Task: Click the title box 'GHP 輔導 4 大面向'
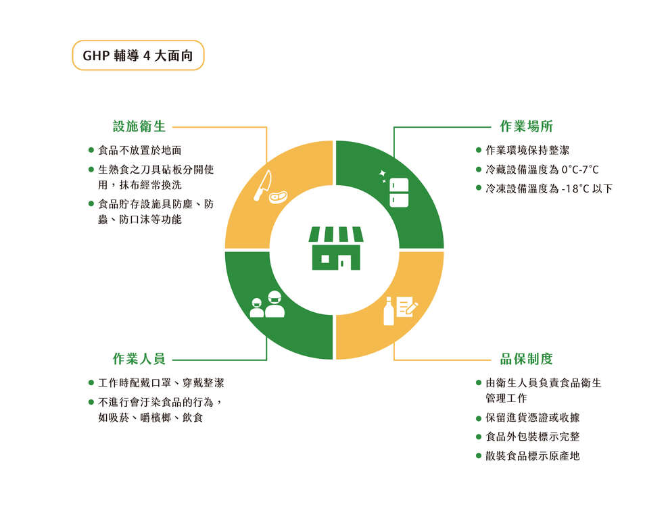(138, 55)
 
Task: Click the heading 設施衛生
(139, 126)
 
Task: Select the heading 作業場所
(526, 126)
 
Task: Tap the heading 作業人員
(139, 359)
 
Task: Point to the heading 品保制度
(526, 359)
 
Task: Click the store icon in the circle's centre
(336, 248)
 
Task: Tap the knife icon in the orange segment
(262, 186)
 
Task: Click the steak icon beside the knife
(278, 197)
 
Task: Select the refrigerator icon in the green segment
(399, 193)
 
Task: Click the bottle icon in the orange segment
(389, 312)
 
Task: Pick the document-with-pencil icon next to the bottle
(407, 307)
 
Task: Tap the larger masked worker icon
(275, 304)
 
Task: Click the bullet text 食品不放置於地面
(140, 150)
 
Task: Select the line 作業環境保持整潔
(527, 150)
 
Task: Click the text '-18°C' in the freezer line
(573, 189)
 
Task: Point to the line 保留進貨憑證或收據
(533, 418)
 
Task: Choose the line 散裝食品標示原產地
(533, 456)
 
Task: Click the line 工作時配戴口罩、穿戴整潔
(161, 382)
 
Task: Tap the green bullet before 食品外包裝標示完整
(479, 437)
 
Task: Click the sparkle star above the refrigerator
(382, 174)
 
